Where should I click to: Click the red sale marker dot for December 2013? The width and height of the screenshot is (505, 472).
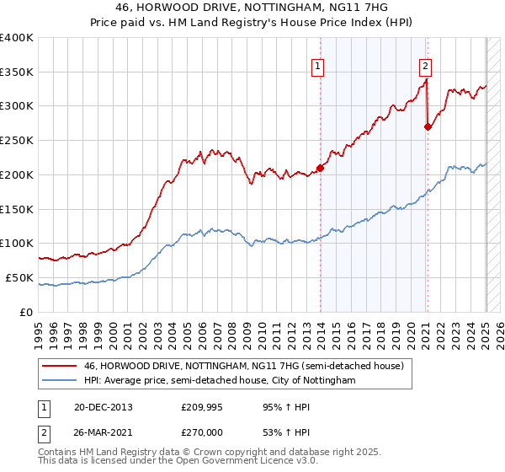pyautogui.click(x=320, y=167)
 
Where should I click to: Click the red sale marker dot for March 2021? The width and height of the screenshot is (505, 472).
pyautogui.click(x=428, y=126)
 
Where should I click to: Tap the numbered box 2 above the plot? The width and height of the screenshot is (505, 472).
pyautogui.click(x=426, y=65)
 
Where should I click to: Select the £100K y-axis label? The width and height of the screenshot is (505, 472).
pyautogui.click(x=17, y=243)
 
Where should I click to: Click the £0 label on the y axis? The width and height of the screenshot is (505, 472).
pyautogui.click(x=27, y=312)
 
